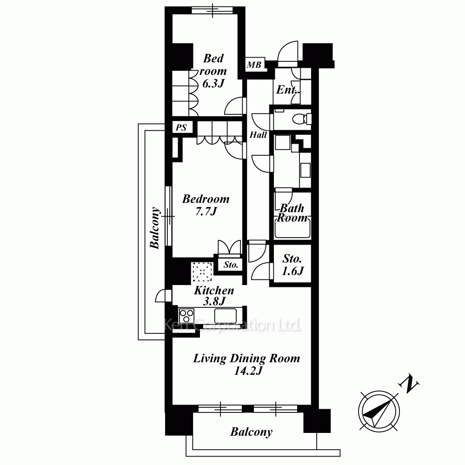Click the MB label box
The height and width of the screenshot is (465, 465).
(x=255, y=65)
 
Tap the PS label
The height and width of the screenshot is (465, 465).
(x=181, y=127)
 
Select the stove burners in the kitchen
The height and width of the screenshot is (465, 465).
(x=186, y=316)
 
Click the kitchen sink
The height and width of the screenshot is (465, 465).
(x=226, y=316)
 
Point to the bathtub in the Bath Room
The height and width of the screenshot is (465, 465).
(x=292, y=228)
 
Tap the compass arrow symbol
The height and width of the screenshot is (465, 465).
(x=379, y=412)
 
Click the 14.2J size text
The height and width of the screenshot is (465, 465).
(x=248, y=371)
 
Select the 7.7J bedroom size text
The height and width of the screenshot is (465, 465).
(x=206, y=211)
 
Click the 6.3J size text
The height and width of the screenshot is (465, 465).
(x=213, y=83)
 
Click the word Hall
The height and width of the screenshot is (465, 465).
(x=258, y=135)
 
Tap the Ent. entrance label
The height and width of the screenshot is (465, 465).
(x=286, y=90)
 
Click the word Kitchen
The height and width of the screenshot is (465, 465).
(x=214, y=290)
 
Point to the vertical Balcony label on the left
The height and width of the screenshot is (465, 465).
(x=155, y=228)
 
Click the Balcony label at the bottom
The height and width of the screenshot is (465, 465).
(x=251, y=432)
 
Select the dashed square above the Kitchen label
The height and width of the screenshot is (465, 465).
(x=202, y=272)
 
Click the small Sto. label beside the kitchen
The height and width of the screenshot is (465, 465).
(x=231, y=265)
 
